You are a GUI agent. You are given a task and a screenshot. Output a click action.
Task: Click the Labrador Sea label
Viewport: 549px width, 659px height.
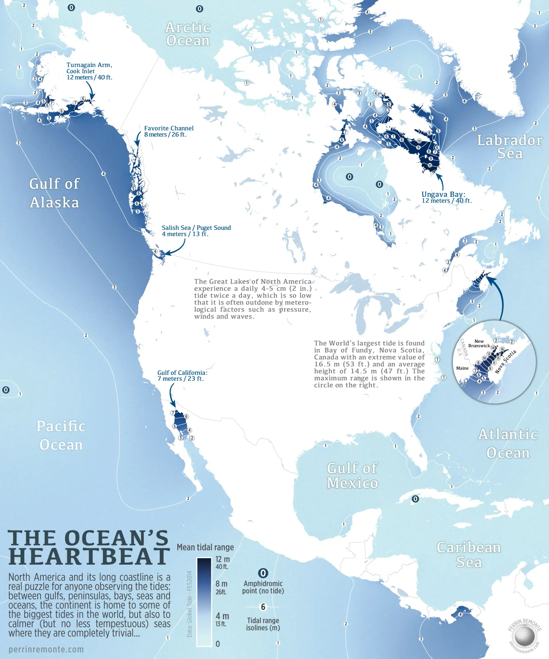(x=510, y=146)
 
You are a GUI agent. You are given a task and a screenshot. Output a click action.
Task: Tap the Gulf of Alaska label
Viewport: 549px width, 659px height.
(x=54, y=193)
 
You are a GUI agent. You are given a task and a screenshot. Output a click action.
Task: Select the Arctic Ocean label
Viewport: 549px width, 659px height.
(x=188, y=34)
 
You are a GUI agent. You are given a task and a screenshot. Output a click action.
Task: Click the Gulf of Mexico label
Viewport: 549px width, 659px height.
(x=352, y=475)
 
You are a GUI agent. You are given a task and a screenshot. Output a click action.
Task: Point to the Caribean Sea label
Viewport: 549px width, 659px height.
(x=469, y=555)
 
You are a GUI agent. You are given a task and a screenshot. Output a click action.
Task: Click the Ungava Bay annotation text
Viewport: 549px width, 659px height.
(x=446, y=197)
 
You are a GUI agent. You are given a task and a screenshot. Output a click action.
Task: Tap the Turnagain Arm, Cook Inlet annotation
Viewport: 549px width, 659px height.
(x=89, y=71)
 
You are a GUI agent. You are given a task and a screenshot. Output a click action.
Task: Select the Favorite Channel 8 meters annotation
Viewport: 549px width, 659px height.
(x=168, y=131)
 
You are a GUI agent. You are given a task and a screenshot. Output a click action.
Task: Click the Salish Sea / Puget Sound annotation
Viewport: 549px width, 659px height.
(x=196, y=231)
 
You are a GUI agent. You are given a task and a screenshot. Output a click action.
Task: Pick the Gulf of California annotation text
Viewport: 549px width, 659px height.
(x=182, y=376)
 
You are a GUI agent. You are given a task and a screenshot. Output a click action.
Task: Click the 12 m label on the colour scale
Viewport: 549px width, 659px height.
(x=222, y=559)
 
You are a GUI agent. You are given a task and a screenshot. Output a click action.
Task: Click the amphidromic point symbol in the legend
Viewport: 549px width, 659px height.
(x=263, y=573)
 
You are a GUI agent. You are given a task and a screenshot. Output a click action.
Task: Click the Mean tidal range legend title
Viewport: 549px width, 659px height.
(x=205, y=547)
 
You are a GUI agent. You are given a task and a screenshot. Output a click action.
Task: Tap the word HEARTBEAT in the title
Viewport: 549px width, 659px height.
(x=89, y=557)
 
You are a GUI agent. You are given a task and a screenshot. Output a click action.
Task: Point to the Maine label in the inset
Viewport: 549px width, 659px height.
(x=462, y=368)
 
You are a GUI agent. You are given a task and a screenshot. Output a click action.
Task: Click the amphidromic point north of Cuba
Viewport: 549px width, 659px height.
(x=415, y=499)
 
